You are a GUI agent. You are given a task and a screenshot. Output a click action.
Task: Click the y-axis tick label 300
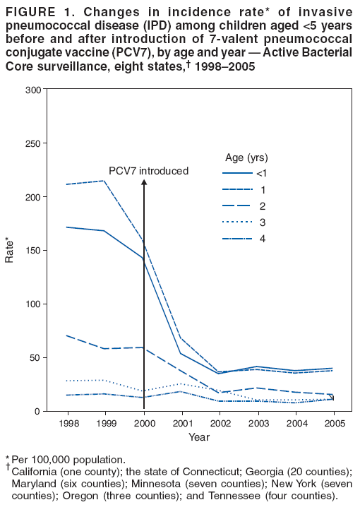pos(32,90)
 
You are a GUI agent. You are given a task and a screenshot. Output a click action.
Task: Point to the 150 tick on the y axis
pos(32,250)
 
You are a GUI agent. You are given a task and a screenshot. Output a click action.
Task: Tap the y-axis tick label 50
pos(35,357)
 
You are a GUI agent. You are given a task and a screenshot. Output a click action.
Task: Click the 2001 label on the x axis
pos(184,424)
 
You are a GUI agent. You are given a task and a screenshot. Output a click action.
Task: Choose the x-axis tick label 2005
pos(333,424)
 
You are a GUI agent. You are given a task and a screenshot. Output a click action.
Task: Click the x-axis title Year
pos(198,437)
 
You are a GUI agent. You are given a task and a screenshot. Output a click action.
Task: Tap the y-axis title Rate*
pos(9,250)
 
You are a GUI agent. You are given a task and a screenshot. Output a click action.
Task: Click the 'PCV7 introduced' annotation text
pos(148,171)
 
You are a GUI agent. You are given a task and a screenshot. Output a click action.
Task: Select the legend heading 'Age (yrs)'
pos(246,157)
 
